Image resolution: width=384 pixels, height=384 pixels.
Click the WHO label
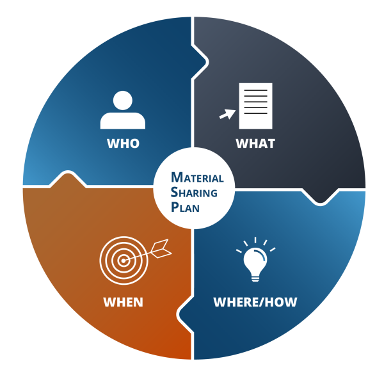pos(123,143)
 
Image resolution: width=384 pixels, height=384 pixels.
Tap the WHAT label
pos(255,143)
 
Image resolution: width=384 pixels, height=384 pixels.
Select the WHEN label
pos(123,302)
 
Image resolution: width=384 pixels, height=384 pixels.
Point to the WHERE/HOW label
pos(255,302)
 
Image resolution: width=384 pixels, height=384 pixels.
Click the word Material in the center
pos(197,177)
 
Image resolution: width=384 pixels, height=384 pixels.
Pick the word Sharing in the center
pos(194,192)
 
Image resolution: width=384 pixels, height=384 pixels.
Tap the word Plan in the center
pos(185,207)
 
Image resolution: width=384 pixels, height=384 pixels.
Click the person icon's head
pos(123,100)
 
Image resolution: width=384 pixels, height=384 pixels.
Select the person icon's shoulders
pos(123,121)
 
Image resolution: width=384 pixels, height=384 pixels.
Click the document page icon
pos(255,106)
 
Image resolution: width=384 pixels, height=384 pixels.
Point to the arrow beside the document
pos(227,115)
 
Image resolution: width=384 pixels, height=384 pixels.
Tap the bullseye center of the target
pos(124,260)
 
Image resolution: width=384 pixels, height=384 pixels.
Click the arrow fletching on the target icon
pos(161,248)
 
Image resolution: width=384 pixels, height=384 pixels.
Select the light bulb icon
pos(255,260)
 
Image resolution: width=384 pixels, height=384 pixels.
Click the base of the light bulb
pos(255,278)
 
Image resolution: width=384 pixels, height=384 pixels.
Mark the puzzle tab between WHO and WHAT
pos(200,62)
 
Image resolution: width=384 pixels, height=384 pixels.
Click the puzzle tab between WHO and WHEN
pos(68,179)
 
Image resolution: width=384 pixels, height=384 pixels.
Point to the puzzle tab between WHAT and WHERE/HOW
pos(320,196)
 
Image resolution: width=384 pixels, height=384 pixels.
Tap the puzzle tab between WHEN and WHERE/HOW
pos(185,314)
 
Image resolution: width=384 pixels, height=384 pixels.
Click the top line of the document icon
pos(255,90)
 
